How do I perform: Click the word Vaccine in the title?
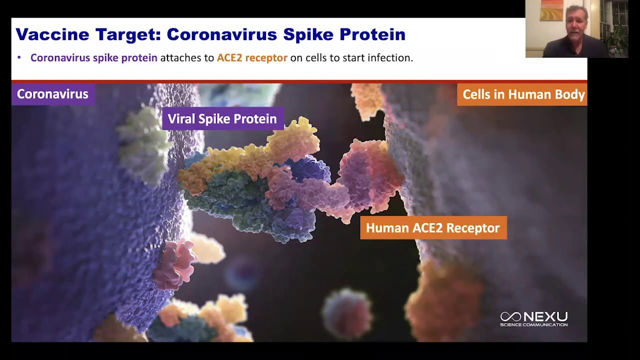pyautogui.click(x=52, y=34)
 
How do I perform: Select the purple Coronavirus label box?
pyautogui.click(x=53, y=94)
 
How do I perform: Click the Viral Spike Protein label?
pyautogui.click(x=223, y=118)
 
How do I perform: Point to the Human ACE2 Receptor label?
pyautogui.click(x=433, y=227)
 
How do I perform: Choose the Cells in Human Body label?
pyautogui.click(x=522, y=94)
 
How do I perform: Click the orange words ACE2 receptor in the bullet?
pyautogui.click(x=252, y=57)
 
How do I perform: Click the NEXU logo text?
pyautogui.click(x=546, y=316)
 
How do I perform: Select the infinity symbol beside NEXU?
pyautogui.click(x=511, y=316)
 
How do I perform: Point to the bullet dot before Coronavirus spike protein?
pyautogui.click(x=19, y=57)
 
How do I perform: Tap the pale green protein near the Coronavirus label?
pyautogui.click(x=143, y=144)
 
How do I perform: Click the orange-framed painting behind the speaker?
pyautogui.click(x=551, y=10)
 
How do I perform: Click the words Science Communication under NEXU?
pyautogui.click(x=533, y=324)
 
